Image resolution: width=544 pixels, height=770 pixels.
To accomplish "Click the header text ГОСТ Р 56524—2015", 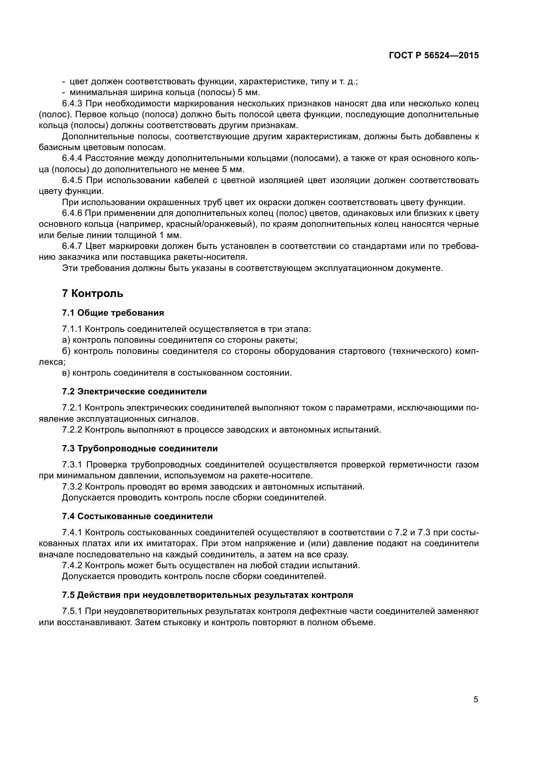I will (x=434, y=56).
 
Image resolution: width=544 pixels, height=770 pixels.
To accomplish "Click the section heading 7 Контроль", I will (x=92, y=293).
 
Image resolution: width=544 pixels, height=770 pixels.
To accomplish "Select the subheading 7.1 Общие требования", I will (x=113, y=313).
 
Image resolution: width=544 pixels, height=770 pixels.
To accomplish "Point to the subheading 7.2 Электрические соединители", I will (x=134, y=391).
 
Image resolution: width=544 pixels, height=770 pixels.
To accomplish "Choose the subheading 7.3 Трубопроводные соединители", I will (x=140, y=448).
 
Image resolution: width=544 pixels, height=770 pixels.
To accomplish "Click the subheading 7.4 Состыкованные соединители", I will (x=137, y=516).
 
